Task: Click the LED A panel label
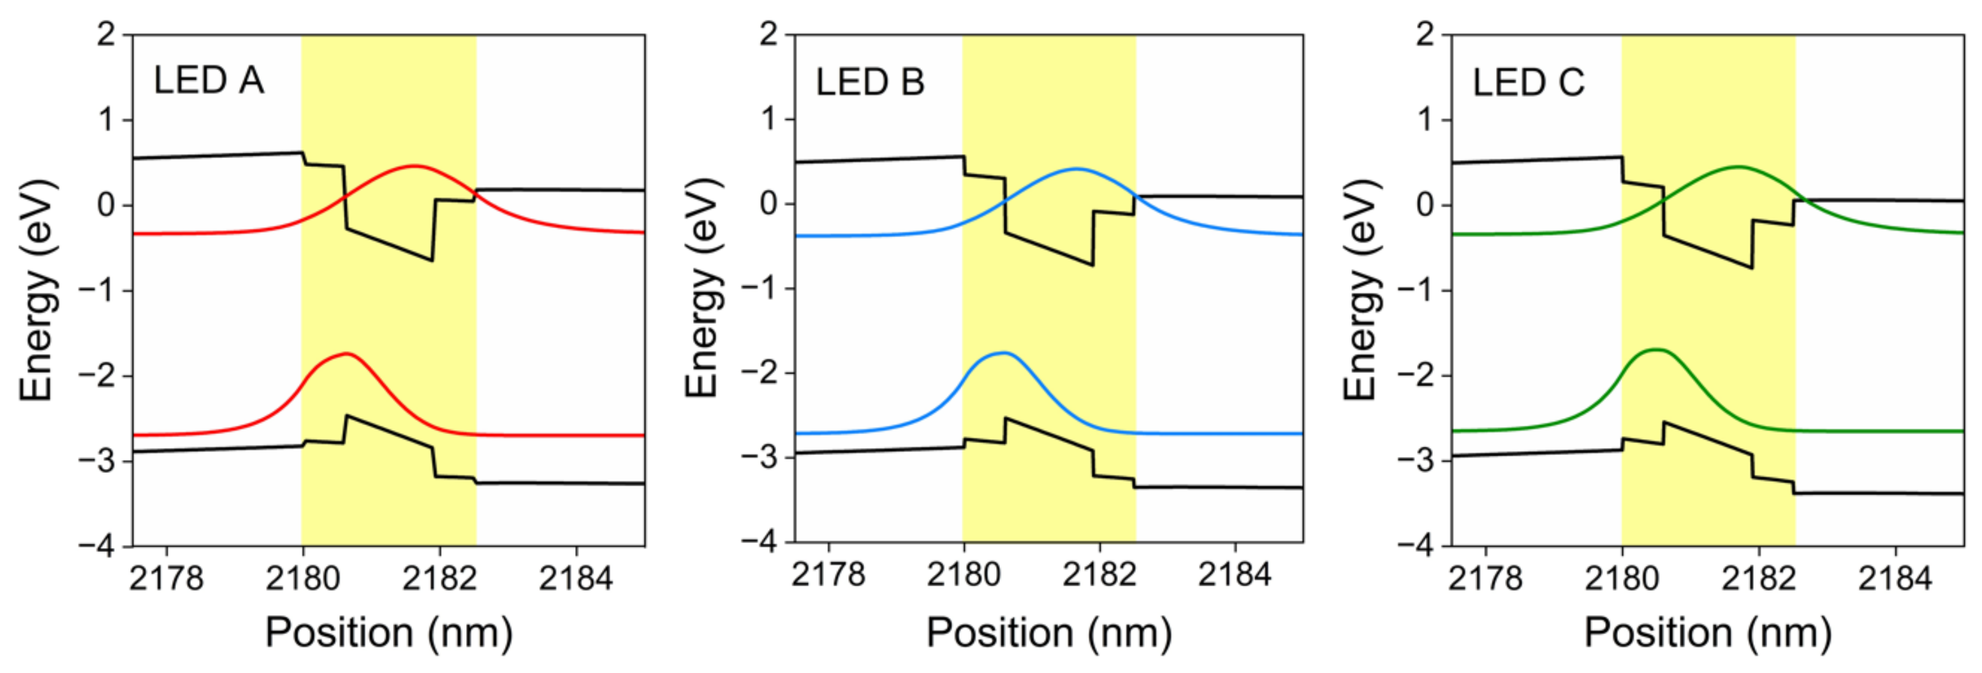click(209, 81)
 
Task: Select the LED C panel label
click(1528, 82)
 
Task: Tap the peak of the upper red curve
click(414, 165)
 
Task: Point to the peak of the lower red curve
click(348, 354)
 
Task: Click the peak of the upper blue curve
click(1076, 168)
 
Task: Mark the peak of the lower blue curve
click(1003, 353)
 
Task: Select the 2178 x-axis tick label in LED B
click(828, 575)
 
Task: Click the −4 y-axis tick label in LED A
click(96, 546)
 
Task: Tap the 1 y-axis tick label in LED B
click(768, 119)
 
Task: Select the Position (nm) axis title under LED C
click(1707, 633)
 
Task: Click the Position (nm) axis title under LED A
click(388, 633)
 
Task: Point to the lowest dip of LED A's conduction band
click(431, 261)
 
